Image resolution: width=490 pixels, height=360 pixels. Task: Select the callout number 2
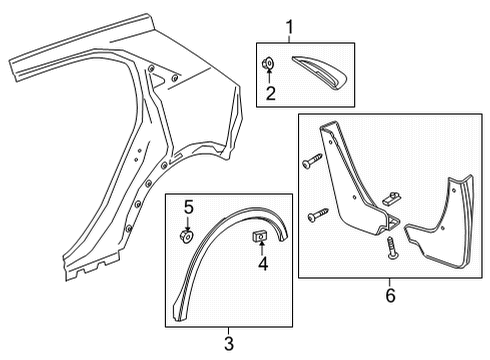point(269,95)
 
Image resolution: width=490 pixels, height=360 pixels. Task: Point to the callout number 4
point(264,265)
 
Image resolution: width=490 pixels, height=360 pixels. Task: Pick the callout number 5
point(188,209)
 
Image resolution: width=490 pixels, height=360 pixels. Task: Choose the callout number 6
point(389,295)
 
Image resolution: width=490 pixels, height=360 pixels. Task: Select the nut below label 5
point(187,237)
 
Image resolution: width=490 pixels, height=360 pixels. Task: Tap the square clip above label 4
point(257,235)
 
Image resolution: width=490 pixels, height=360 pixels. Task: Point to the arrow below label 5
point(187,224)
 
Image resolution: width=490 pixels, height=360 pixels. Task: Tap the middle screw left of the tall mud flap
point(317,214)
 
